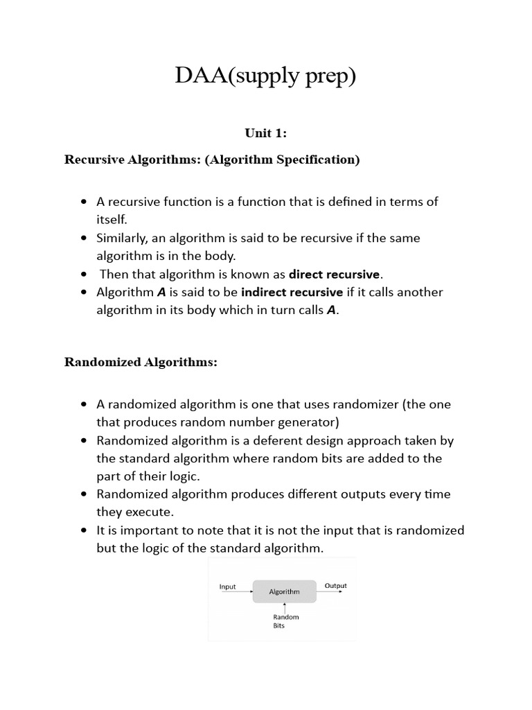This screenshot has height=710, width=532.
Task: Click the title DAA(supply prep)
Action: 265,76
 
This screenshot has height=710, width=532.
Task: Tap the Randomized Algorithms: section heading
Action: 141,362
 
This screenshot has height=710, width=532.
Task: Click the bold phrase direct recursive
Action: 334,274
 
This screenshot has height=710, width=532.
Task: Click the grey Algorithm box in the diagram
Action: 284,591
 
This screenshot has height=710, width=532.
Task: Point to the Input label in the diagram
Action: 227,587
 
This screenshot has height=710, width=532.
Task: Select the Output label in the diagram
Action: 335,586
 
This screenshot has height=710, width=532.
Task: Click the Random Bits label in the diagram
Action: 285,621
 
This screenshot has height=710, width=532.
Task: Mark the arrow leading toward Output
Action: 330,591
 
